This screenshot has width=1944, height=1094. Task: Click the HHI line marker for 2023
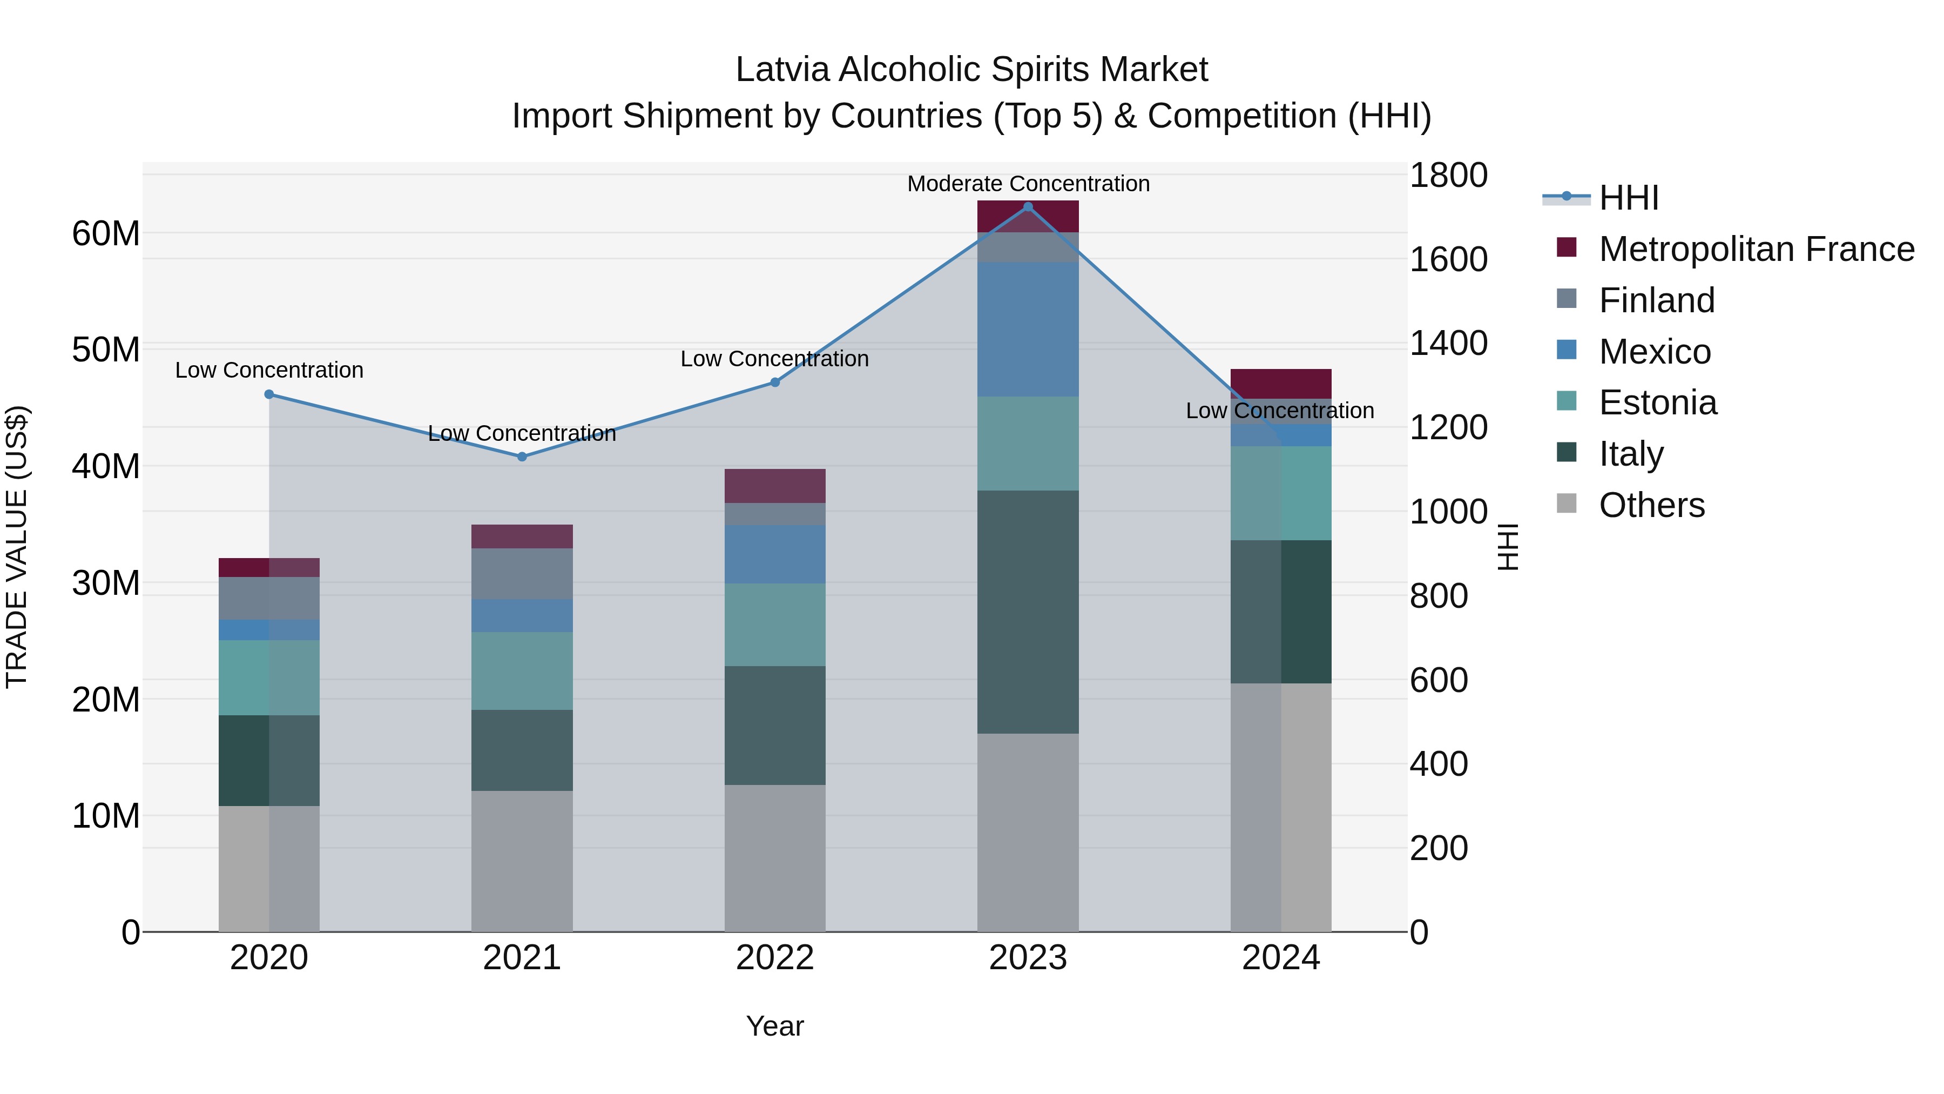click(1028, 206)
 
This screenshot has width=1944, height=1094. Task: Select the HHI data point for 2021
click(522, 457)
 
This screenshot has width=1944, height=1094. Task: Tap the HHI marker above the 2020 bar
click(269, 394)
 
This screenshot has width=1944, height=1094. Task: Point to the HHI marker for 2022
click(774, 382)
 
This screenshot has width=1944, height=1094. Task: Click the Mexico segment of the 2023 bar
click(1028, 329)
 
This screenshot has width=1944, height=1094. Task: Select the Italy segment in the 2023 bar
click(1028, 612)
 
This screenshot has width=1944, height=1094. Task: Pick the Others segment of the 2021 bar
click(522, 861)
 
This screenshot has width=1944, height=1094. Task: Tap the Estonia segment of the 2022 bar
click(774, 625)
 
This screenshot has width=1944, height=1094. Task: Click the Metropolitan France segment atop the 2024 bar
click(1281, 384)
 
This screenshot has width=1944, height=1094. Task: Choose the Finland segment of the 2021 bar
click(522, 574)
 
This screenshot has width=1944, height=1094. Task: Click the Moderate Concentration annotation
click(1028, 184)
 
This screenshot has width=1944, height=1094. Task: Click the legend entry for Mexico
click(1654, 352)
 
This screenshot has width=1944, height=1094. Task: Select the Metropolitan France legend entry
click(1756, 249)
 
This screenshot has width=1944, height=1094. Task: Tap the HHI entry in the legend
click(1629, 198)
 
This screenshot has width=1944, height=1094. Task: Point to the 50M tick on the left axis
click(106, 350)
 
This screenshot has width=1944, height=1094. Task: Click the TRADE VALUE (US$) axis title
click(17, 547)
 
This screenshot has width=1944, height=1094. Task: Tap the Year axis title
click(774, 1026)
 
